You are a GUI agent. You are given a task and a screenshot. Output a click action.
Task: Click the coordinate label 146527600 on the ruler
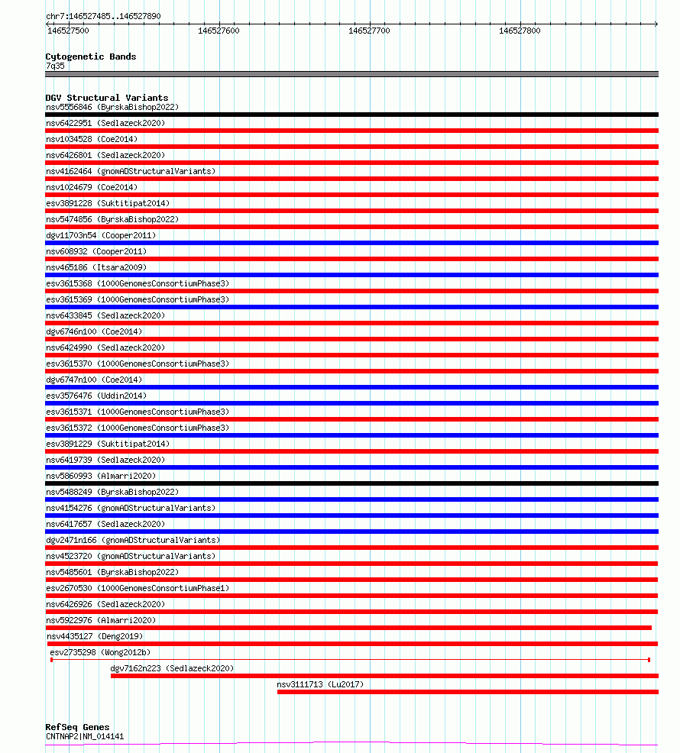219,31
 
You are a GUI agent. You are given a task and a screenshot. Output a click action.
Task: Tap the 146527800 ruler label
520,31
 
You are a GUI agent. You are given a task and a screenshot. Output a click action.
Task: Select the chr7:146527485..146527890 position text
103,16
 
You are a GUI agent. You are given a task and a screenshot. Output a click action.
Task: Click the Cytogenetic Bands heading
90,57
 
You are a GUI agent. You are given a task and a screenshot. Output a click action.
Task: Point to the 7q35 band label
55,66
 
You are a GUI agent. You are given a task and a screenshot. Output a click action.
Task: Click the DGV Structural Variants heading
106,98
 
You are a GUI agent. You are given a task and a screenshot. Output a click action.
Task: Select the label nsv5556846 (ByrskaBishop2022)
112,107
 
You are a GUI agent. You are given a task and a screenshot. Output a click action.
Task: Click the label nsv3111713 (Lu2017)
320,684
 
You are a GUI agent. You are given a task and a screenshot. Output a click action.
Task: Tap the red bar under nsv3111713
467,692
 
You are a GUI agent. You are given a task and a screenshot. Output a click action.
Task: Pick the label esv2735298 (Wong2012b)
100,652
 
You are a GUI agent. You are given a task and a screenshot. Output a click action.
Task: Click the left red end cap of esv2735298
51,659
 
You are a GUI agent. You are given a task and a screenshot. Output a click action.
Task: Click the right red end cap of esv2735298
649,659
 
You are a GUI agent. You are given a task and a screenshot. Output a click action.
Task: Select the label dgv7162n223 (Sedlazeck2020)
172,668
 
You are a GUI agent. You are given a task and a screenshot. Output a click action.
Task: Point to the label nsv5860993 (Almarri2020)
101,476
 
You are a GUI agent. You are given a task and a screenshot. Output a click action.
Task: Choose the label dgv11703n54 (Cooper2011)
96,235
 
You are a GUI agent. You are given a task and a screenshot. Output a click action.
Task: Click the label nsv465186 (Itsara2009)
96,267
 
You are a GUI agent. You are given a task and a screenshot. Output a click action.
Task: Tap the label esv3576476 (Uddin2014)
96,396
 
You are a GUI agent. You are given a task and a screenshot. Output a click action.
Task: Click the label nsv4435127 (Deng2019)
94,636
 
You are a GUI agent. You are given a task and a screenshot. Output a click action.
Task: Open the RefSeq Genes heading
77,727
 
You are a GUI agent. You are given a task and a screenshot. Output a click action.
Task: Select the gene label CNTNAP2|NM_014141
85,736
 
